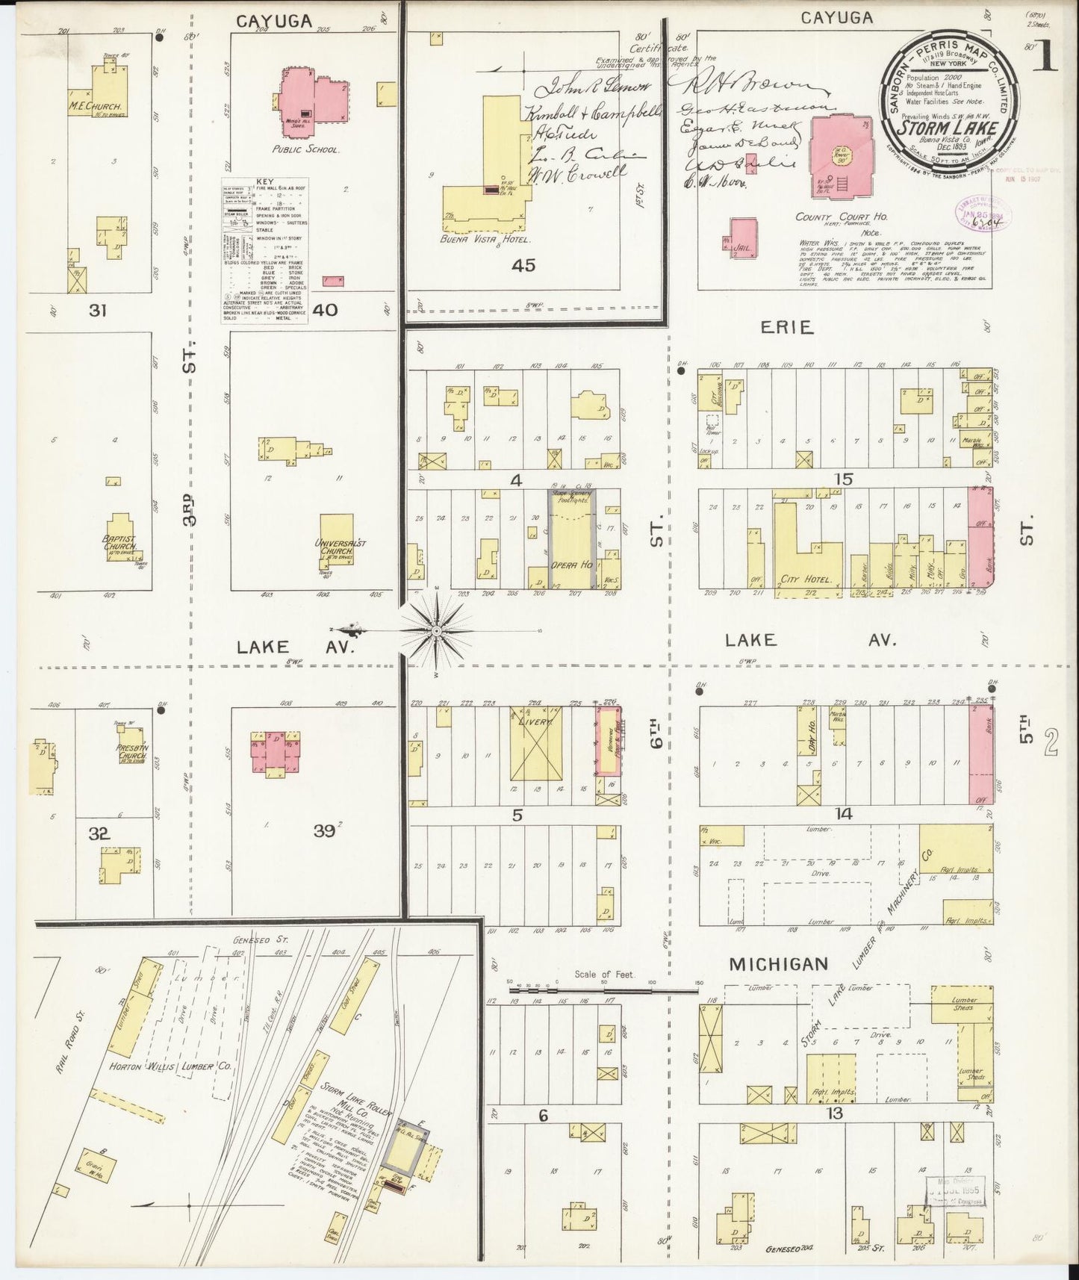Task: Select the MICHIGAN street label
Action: coord(778,964)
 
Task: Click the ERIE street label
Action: coord(786,326)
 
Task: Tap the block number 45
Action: coord(523,265)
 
